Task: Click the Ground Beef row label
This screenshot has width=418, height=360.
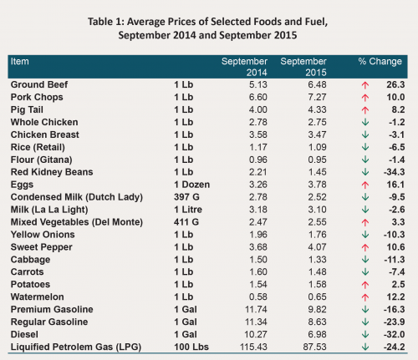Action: point(39,84)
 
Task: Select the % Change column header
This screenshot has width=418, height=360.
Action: point(380,61)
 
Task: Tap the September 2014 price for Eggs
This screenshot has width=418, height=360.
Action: point(258,185)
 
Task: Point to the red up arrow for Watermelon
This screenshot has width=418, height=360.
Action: point(365,297)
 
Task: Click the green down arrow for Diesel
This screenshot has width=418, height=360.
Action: point(365,334)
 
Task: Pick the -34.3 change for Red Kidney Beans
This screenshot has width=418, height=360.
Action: point(394,172)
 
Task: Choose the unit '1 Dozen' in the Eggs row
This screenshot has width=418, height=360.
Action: point(192,185)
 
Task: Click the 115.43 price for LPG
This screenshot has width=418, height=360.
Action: point(253,347)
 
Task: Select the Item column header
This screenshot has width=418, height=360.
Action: point(19,61)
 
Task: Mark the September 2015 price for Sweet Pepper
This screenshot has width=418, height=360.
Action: point(317,247)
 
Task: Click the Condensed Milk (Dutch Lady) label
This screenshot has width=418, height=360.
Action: point(77,197)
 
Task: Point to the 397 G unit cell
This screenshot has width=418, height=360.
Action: point(186,197)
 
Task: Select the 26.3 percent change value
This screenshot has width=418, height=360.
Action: point(395,84)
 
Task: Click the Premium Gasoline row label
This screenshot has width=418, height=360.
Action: point(52,309)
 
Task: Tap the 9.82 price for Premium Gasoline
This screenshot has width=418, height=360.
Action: point(317,309)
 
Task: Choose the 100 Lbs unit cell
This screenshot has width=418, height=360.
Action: point(191,347)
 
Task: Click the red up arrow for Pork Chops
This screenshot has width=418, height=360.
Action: point(365,98)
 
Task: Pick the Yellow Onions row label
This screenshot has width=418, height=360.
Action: point(43,235)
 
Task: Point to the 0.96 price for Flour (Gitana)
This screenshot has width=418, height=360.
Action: point(258,160)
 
